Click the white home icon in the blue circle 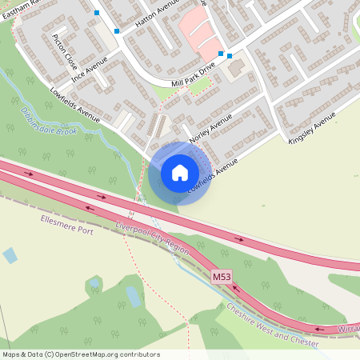(179, 173)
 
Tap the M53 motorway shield (222, 277)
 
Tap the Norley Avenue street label (210, 128)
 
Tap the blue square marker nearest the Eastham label (97, 13)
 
